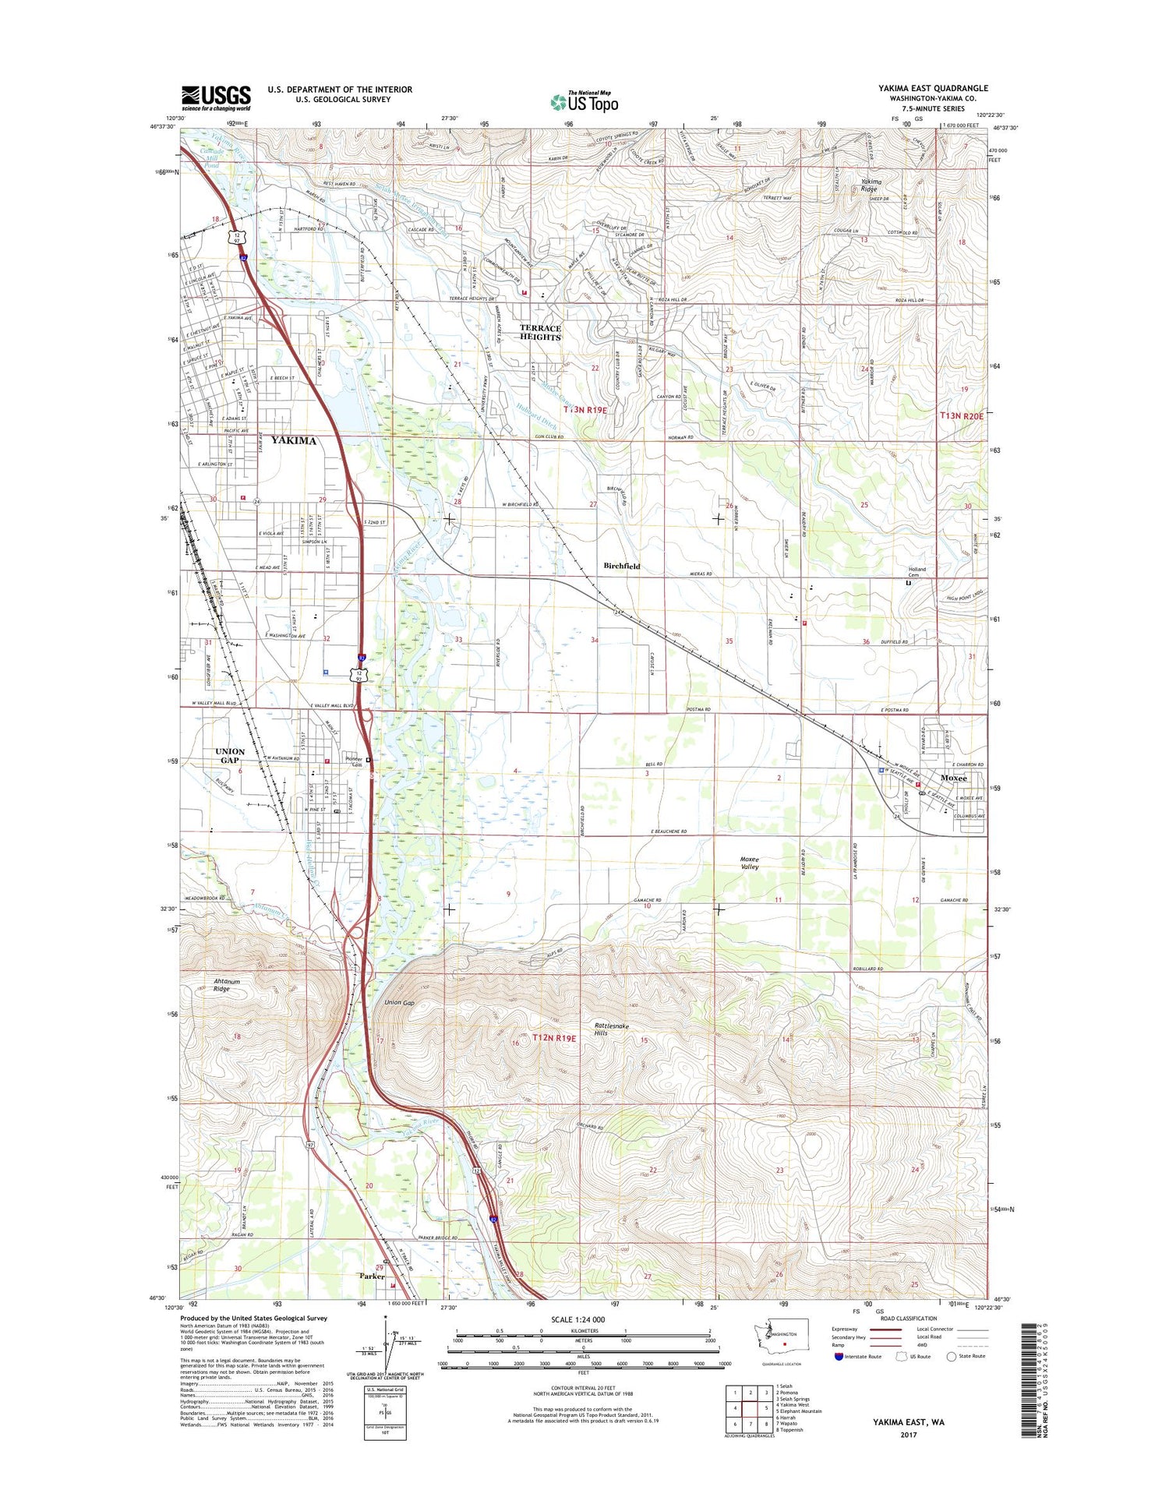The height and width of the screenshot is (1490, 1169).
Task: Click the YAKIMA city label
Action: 294,441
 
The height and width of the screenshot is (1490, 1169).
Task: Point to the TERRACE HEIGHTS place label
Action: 540,333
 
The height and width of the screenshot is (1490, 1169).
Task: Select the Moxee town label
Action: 953,779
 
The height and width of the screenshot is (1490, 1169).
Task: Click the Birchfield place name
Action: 621,566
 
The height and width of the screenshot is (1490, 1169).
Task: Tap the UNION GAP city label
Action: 230,756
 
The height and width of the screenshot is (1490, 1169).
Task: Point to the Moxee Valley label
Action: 749,863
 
